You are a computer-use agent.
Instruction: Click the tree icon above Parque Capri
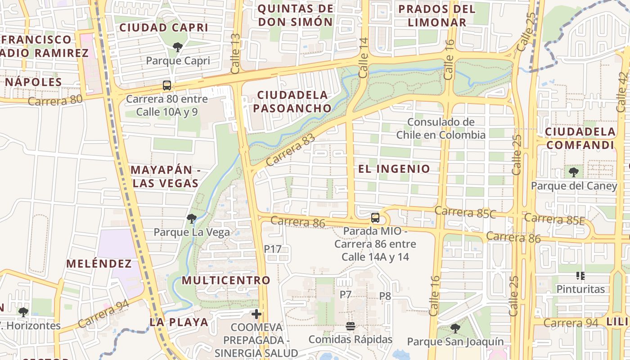click(178, 46)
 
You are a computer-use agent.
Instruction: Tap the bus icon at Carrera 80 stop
click(166, 85)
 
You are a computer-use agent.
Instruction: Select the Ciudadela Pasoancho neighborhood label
click(292, 102)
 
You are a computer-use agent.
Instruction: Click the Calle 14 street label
click(364, 63)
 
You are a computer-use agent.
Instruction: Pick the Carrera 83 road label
click(290, 150)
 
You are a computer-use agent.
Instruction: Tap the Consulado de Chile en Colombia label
click(441, 128)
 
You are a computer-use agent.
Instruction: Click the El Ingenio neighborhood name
click(394, 169)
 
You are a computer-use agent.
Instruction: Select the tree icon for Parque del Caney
click(573, 172)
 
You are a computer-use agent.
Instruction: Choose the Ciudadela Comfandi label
click(580, 138)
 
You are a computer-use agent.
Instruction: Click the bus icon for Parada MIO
click(375, 218)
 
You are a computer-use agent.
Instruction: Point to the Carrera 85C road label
click(465, 212)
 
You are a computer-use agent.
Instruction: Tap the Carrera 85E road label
click(554, 219)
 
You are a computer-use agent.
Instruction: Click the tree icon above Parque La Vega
click(191, 219)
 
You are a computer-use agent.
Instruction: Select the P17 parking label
click(272, 248)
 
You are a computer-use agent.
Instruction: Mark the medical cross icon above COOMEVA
click(256, 314)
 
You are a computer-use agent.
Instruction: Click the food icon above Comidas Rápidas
click(350, 326)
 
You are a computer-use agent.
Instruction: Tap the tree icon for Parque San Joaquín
click(455, 328)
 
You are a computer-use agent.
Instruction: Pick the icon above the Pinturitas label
click(580, 275)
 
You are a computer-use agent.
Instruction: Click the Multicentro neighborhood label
click(226, 280)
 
